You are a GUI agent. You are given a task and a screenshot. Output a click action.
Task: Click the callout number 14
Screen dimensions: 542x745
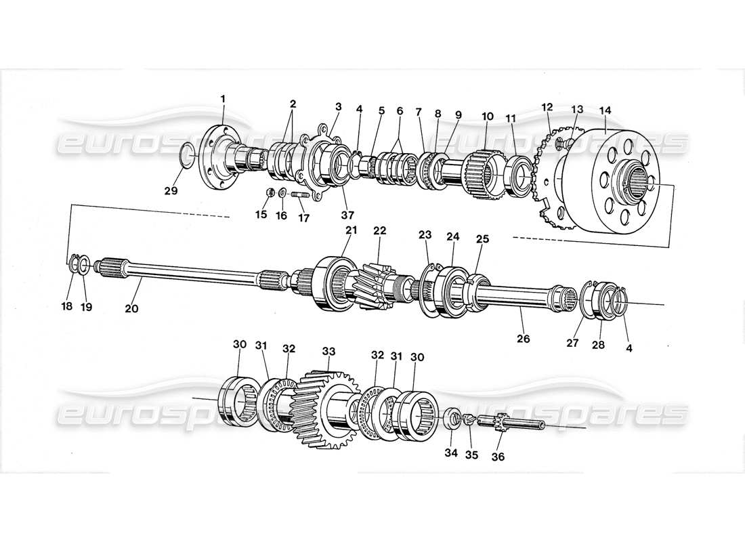(x=605, y=110)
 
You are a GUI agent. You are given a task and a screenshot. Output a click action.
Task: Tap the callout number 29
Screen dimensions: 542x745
(x=171, y=191)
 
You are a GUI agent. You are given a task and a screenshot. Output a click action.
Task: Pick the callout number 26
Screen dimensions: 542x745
(x=523, y=338)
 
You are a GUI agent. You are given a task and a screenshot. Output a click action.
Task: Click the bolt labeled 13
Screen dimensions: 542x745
(x=564, y=143)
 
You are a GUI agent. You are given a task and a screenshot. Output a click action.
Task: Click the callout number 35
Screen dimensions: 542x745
(x=471, y=455)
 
